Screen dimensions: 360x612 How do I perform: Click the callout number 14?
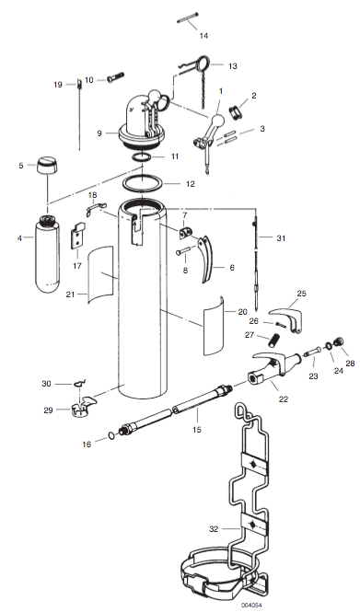(x=203, y=36)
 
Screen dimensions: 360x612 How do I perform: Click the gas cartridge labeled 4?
(x=49, y=255)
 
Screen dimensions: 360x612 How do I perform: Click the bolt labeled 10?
(x=115, y=79)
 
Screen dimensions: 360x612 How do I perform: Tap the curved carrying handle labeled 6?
(x=208, y=259)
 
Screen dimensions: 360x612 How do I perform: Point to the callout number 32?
(x=214, y=529)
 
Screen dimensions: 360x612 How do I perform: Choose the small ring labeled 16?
(x=112, y=435)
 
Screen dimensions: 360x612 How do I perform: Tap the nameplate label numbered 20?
(x=214, y=327)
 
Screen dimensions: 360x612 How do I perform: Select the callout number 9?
(x=99, y=133)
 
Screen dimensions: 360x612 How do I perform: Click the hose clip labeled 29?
(x=83, y=406)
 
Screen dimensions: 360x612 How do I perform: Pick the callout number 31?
(x=281, y=237)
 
